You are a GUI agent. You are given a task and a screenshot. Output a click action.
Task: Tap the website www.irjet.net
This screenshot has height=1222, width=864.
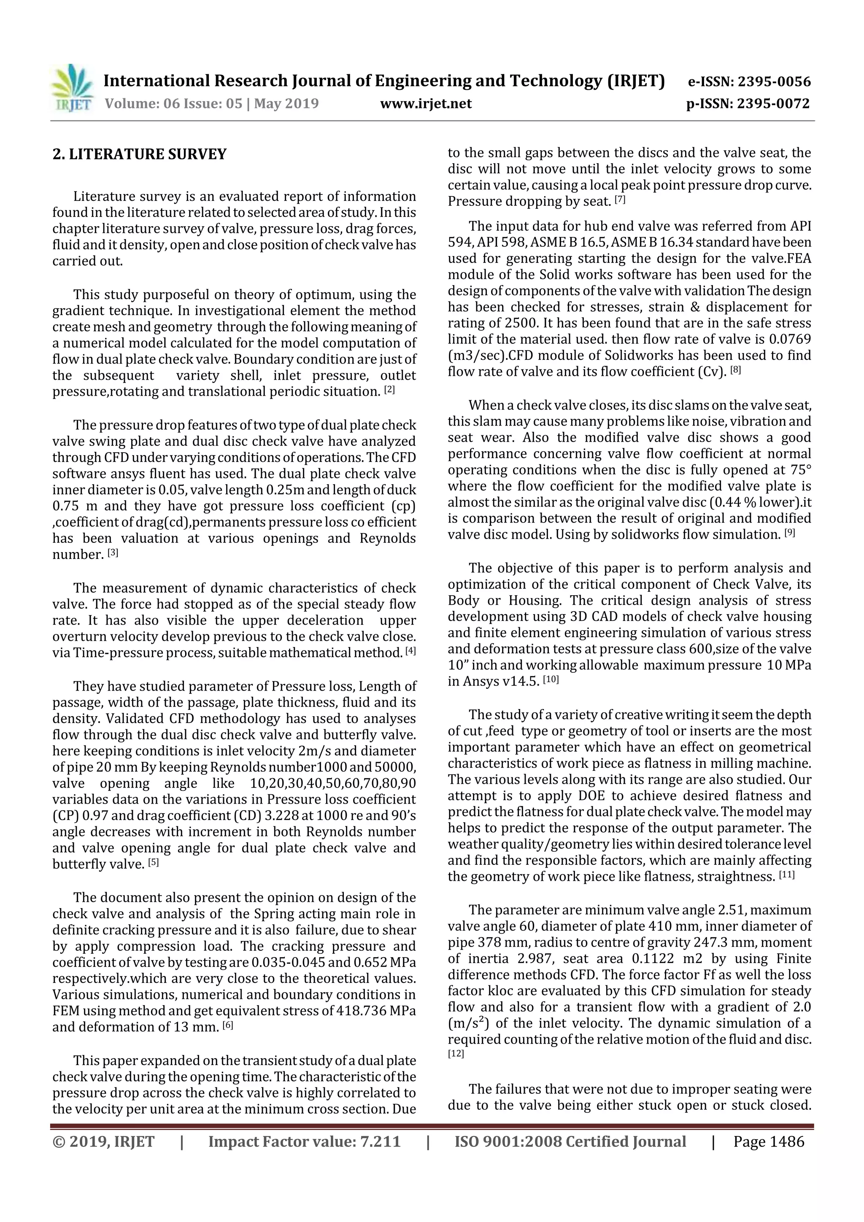coord(425,103)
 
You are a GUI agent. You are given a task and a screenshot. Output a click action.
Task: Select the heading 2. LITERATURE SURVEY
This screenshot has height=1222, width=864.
coord(140,154)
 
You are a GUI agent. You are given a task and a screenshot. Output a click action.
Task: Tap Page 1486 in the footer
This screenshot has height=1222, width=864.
coord(768,1141)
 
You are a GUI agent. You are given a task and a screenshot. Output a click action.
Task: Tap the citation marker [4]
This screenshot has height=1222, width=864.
coord(410,651)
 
